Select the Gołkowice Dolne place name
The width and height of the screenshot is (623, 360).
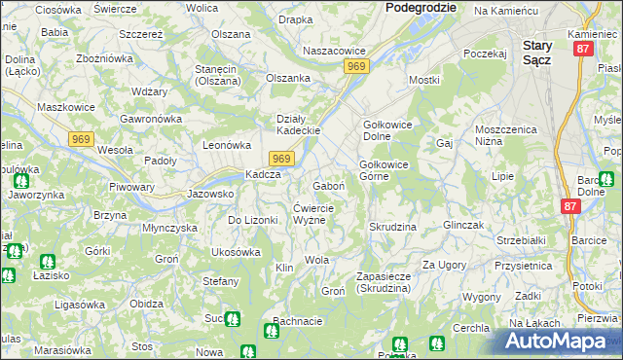389,131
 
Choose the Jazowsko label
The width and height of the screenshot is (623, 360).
210,194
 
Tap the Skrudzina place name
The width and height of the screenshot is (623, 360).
392,227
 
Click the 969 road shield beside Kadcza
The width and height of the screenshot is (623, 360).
281,159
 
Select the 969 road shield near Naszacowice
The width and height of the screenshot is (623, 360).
355,66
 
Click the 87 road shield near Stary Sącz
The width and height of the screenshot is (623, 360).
583,48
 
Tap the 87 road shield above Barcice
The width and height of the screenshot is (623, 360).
571,206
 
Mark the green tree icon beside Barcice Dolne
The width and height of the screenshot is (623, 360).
605,179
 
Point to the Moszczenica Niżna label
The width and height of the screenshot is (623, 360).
506,135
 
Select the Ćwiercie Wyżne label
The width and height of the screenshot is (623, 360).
313,214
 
